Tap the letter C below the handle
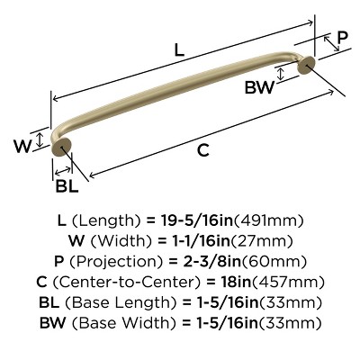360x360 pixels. coord(203,150)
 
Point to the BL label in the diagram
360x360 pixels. coord(67,185)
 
